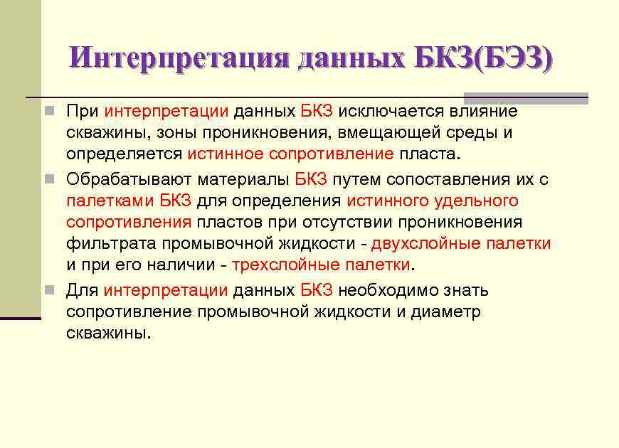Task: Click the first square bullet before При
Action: tap(48, 111)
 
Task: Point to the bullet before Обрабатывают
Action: tap(48, 179)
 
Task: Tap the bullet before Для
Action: tap(48, 290)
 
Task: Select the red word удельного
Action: tap(476, 201)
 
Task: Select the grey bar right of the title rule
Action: tap(526, 98)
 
